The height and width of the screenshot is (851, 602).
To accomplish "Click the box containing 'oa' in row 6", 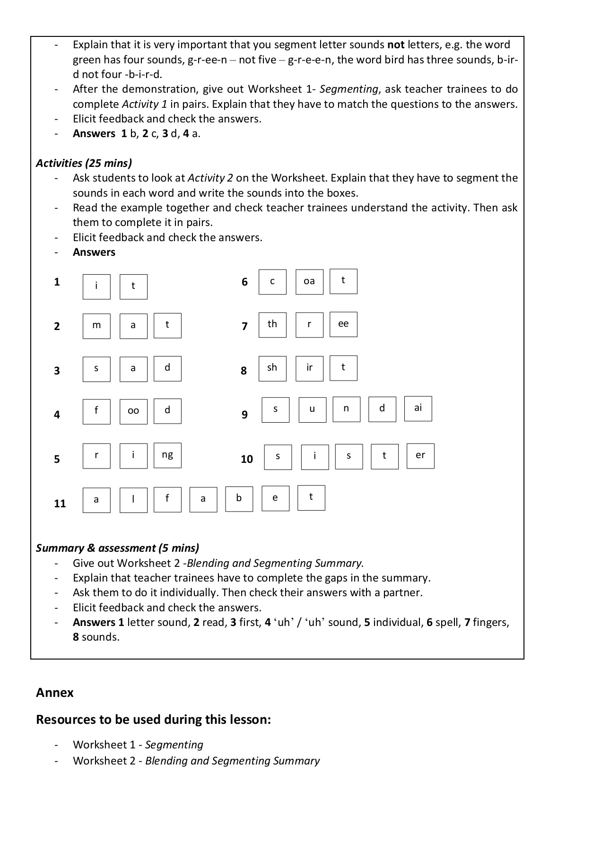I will [309, 282].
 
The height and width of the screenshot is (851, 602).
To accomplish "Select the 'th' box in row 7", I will [272, 324].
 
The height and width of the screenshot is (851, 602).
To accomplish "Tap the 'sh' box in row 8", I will [272, 368].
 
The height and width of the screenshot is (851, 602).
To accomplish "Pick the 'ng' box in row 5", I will [167, 455].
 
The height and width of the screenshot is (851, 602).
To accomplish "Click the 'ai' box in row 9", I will [418, 408].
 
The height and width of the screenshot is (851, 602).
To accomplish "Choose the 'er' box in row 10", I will [420, 456].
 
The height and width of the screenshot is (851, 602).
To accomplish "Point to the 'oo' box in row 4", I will [133, 411].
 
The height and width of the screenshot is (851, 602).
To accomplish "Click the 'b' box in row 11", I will [239, 499].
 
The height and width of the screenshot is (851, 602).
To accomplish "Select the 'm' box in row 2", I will [96, 326].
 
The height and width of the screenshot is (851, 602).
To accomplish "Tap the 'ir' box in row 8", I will [309, 368].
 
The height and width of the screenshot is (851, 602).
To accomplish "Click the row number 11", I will [60, 504].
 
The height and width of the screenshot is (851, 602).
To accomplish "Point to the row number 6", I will [244, 282].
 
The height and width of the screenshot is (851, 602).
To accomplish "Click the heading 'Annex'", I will [55, 693].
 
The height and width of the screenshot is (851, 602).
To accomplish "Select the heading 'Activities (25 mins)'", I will [84, 163].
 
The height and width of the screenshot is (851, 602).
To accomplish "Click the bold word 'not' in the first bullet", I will [396, 45].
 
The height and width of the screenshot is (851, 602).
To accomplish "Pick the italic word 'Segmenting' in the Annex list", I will [174, 745].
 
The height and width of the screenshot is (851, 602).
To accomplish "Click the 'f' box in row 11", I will [167, 499].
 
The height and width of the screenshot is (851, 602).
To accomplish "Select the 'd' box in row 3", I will [167, 369].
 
